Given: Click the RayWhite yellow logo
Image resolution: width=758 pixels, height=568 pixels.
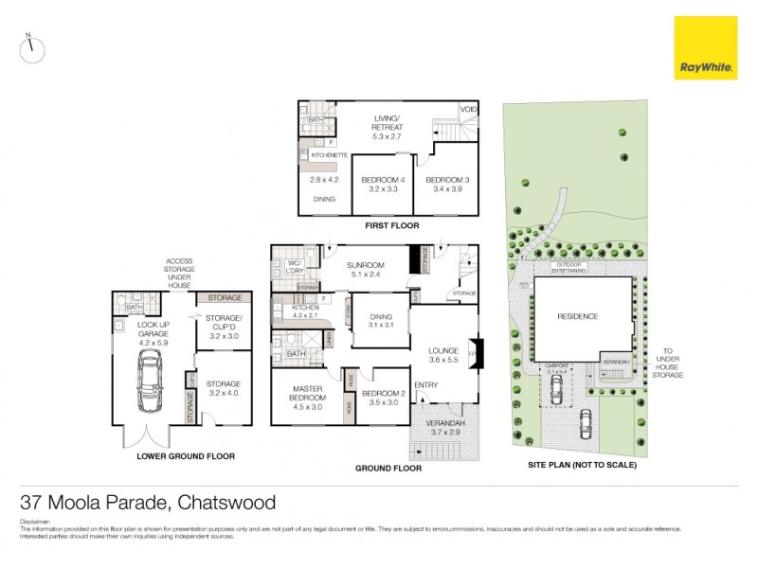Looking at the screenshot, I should tap(704, 47).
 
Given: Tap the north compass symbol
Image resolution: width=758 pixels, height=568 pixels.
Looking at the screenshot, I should tap(32, 50).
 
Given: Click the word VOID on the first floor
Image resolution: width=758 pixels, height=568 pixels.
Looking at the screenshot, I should tap(468, 110).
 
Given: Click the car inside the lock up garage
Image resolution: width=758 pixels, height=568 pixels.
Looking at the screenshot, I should tap(148, 382).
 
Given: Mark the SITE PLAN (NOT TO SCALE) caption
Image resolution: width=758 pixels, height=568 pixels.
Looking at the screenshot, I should tap(582, 466).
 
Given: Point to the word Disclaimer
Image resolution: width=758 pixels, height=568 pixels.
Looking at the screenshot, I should tap(36, 522).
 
